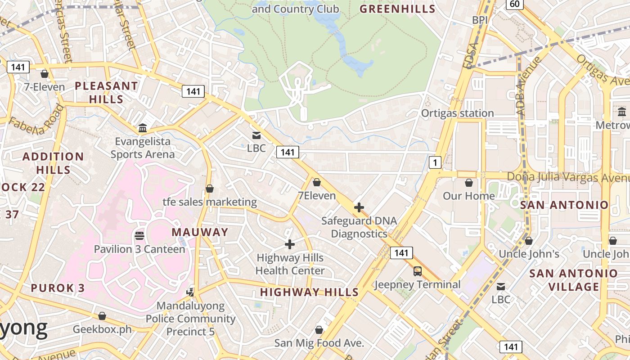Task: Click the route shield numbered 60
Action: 515,4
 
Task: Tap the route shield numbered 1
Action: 435,162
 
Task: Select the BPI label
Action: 480,20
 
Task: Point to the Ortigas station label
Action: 457,113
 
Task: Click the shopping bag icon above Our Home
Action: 469,183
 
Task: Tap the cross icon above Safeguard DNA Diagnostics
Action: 359,207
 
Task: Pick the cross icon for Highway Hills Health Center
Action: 290,244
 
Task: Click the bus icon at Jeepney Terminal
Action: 418,271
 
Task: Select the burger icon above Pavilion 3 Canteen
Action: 139,235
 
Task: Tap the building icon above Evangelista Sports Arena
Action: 143,128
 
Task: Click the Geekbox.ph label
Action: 102,329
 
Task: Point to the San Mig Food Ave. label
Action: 319,343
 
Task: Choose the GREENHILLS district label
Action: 398,9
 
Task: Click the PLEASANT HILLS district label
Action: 106,92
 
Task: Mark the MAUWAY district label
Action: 200,232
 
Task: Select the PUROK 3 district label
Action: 58,288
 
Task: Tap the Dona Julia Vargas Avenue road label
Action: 568,176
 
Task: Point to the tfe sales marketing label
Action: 210,202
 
